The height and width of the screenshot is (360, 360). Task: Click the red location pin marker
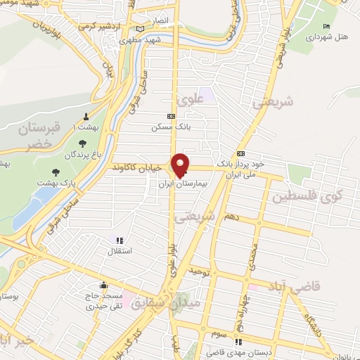(x=181, y=165)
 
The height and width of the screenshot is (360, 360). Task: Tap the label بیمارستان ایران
(x=183, y=182)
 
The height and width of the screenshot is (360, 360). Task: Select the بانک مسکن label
(x=169, y=127)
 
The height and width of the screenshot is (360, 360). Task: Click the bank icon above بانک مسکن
(x=170, y=116)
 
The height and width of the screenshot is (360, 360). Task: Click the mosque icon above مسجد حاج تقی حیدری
(x=104, y=285)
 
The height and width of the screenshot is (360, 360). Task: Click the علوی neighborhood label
(x=191, y=101)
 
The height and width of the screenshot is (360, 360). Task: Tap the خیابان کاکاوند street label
(x=137, y=168)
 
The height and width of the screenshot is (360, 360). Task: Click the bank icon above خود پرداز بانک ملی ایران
(x=241, y=153)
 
